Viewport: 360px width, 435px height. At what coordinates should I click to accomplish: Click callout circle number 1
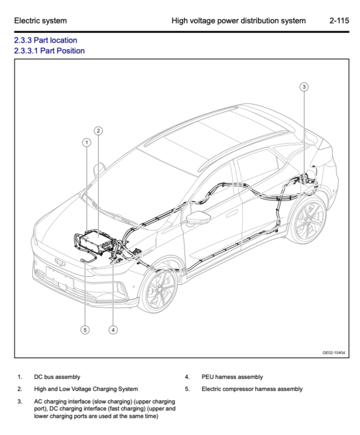click(87, 142)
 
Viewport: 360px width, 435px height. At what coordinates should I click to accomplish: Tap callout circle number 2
click(98, 131)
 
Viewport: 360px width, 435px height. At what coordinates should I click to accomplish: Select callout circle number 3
click(304, 86)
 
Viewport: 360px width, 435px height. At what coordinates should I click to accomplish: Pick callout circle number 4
click(113, 330)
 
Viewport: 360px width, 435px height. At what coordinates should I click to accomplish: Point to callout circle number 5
click(85, 330)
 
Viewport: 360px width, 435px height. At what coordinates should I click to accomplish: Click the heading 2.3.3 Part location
click(46, 40)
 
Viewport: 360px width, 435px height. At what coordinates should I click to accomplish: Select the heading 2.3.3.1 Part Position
click(49, 51)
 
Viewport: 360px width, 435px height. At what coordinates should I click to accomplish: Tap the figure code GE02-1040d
click(334, 353)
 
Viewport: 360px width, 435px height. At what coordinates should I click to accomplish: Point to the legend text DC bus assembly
click(57, 377)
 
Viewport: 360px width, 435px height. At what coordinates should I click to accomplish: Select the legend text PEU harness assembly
click(232, 377)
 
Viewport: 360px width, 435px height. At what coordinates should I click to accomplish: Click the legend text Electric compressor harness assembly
click(252, 389)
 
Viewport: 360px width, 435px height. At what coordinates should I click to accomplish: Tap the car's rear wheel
click(307, 221)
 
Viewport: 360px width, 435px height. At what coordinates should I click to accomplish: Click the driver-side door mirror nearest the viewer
click(198, 217)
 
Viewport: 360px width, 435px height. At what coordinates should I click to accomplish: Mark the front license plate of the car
click(59, 277)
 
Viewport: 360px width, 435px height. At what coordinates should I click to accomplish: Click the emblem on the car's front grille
click(60, 261)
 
